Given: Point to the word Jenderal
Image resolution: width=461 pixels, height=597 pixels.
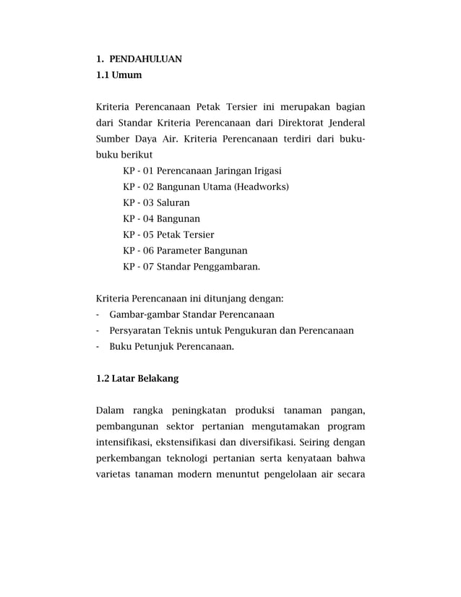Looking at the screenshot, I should click(346, 122).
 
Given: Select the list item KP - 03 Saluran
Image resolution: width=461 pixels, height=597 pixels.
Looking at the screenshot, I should click(156, 203).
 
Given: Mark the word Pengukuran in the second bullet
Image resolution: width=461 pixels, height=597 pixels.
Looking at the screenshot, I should click(252, 330).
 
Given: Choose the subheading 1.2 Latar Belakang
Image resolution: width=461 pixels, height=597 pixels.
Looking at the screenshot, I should click(137, 378).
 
